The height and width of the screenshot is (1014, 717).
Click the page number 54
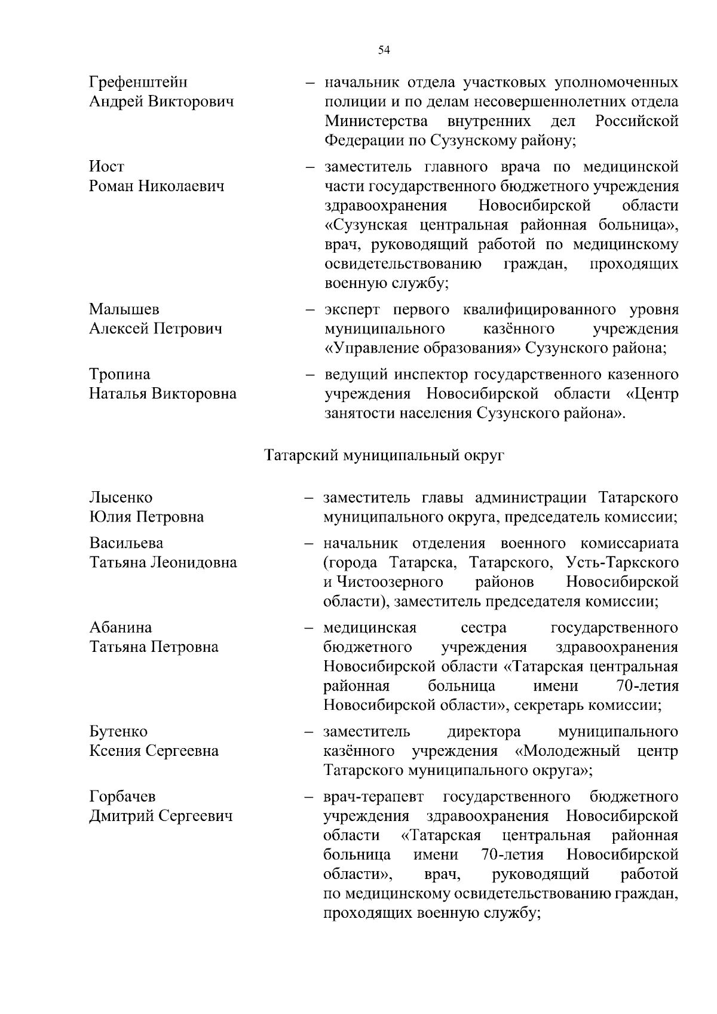384,50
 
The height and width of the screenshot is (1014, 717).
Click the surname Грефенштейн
138,82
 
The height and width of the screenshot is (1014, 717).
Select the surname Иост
107,167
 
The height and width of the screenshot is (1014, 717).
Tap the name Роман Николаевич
157,186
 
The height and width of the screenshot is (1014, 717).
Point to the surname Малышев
124,310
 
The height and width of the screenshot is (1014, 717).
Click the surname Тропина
119,374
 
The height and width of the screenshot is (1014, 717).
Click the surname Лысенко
121,498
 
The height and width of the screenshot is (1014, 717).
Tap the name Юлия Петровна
146,517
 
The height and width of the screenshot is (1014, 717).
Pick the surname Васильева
126,543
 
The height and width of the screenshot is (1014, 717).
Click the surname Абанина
121,627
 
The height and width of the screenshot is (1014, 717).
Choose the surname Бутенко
118,731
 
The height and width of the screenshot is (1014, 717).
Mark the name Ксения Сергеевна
154,751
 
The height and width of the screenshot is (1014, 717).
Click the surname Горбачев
122,797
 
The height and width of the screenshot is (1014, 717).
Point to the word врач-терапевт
373,797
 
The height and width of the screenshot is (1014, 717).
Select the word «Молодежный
566,750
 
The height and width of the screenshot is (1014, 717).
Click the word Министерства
376,121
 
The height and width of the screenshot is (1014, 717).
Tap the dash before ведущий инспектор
310,375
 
